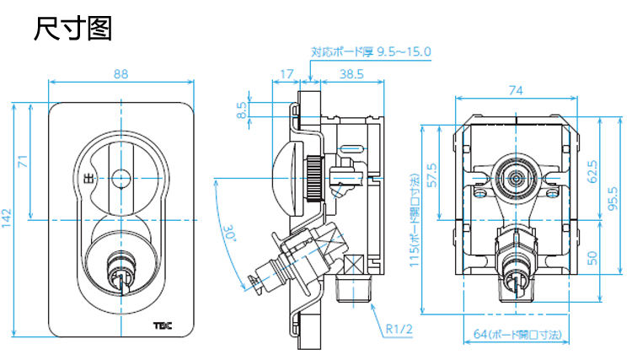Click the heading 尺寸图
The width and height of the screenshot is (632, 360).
pyautogui.click(x=73, y=30)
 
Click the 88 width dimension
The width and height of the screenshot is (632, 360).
pyautogui.click(x=121, y=74)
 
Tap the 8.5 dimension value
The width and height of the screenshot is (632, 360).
pyautogui.click(x=242, y=110)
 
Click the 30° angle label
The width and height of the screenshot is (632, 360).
pyautogui.click(x=231, y=232)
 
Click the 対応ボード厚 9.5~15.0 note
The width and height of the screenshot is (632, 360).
pyautogui.click(x=371, y=51)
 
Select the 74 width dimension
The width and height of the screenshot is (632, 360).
pyautogui.click(x=516, y=90)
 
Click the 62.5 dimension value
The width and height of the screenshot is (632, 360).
pyautogui.click(x=592, y=172)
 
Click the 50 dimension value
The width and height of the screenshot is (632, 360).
pyautogui.click(x=592, y=256)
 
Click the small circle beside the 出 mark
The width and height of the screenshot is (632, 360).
pyautogui.click(x=121, y=178)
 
